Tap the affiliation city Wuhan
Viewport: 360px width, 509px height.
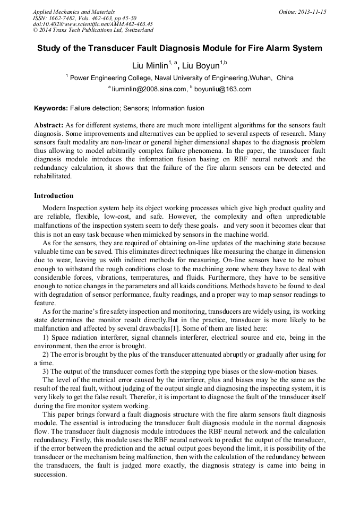point(260,77)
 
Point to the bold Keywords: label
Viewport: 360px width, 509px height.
point(51,108)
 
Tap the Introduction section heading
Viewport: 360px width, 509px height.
point(54,196)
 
